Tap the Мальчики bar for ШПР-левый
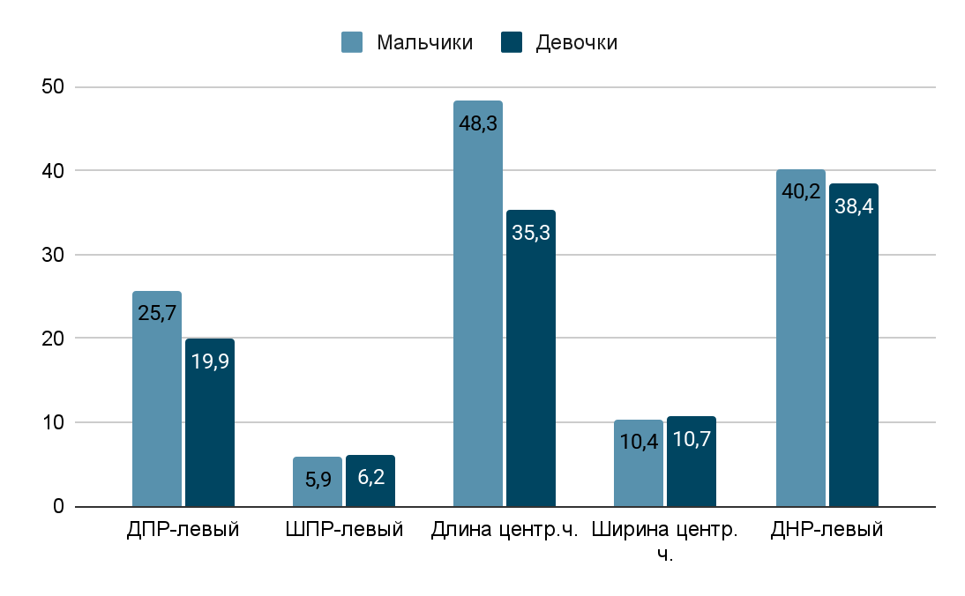[x=318, y=482]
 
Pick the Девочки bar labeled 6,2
[x=370, y=481]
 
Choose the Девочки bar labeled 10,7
[x=692, y=462]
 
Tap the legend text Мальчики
[x=424, y=43]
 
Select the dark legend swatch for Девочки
[x=512, y=42]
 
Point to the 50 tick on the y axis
[x=54, y=86]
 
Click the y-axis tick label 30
[x=54, y=255]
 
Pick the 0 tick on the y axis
[x=59, y=507]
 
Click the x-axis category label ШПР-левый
[x=345, y=531]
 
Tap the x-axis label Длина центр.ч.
[x=504, y=531]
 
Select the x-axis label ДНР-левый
[x=827, y=531]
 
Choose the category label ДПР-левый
[x=183, y=531]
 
